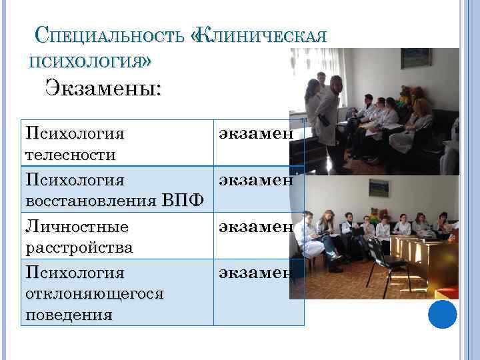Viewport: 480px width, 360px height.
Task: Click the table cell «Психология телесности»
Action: (x=75, y=143)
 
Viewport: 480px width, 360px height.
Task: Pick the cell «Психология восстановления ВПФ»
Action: (x=114, y=189)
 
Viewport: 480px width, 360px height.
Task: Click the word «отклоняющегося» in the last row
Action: (x=93, y=293)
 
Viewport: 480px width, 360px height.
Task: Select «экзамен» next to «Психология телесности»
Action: (x=253, y=133)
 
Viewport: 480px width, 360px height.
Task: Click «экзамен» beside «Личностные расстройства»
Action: (x=253, y=226)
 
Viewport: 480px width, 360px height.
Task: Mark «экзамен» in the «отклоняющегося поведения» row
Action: (x=253, y=272)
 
